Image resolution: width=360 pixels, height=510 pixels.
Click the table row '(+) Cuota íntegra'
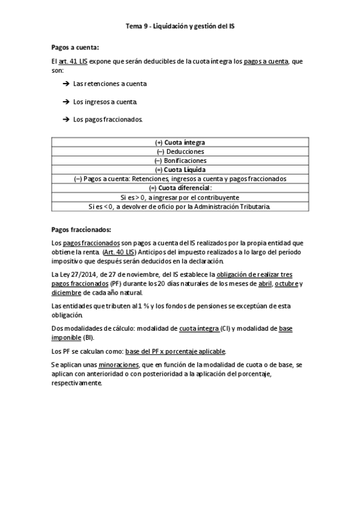tap(180, 143)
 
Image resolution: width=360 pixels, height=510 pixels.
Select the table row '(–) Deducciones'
tap(180, 152)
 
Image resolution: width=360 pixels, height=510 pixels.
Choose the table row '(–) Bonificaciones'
tap(180, 161)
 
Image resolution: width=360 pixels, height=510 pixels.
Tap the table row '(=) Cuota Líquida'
tap(180, 170)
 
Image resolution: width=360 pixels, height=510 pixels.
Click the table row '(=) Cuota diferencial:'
tap(180, 188)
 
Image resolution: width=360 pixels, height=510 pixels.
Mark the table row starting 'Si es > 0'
tap(180, 197)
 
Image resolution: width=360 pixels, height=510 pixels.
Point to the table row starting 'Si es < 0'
tap(180, 206)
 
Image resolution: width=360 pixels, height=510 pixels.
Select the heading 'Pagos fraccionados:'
tap(82, 229)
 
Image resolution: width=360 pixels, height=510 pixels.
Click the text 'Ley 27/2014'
tap(81, 274)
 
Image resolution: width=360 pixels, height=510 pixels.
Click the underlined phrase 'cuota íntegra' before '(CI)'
tap(200, 328)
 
